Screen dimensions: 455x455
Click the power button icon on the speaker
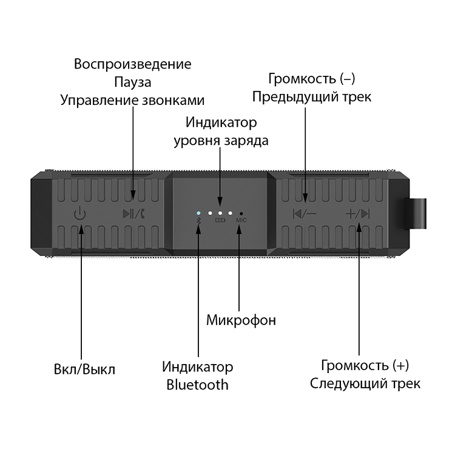(x=80, y=213)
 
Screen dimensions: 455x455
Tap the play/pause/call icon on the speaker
(x=134, y=214)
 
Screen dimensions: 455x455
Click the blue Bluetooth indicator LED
(x=199, y=213)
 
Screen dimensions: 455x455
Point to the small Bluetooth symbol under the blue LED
(x=199, y=221)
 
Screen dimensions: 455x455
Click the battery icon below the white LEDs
(x=220, y=220)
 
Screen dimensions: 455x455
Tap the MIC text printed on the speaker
(x=241, y=220)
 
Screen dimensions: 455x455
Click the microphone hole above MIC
(x=241, y=214)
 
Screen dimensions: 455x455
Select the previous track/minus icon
(x=305, y=214)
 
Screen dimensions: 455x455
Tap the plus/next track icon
(x=358, y=214)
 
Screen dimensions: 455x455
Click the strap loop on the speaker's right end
(x=416, y=214)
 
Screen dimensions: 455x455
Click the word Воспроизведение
(x=133, y=64)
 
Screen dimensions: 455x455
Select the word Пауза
(x=133, y=82)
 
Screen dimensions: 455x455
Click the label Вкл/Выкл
(x=84, y=369)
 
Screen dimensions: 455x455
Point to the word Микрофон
(x=241, y=320)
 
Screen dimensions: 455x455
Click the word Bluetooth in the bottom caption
(x=197, y=385)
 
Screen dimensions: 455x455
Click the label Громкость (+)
(x=365, y=365)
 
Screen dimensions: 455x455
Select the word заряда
(x=246, y=141)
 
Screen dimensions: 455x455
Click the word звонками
(x=173, y=101)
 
